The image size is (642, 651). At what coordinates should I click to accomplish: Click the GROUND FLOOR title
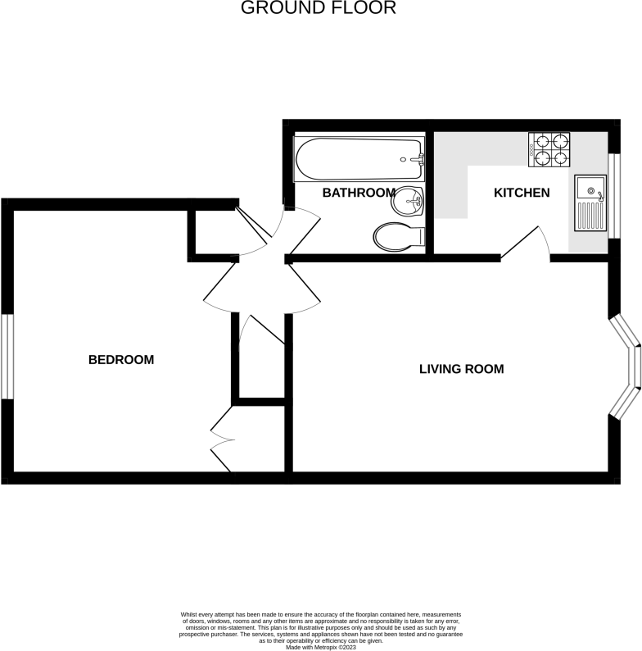[319, 9]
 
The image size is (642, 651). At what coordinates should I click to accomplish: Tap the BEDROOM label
[121, 360]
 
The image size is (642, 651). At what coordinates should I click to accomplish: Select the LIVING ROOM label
[461, 369]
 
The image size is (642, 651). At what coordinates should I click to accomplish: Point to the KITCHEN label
[521, 193]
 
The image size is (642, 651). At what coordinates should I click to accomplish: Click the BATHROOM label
[359, 193]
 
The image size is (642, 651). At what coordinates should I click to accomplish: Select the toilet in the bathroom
[399, 237]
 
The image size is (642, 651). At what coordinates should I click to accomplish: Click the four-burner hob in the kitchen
[549, 150]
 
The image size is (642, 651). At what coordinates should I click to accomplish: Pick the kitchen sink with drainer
[589, 203]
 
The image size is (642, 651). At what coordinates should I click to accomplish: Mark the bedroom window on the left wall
[7, 357]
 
